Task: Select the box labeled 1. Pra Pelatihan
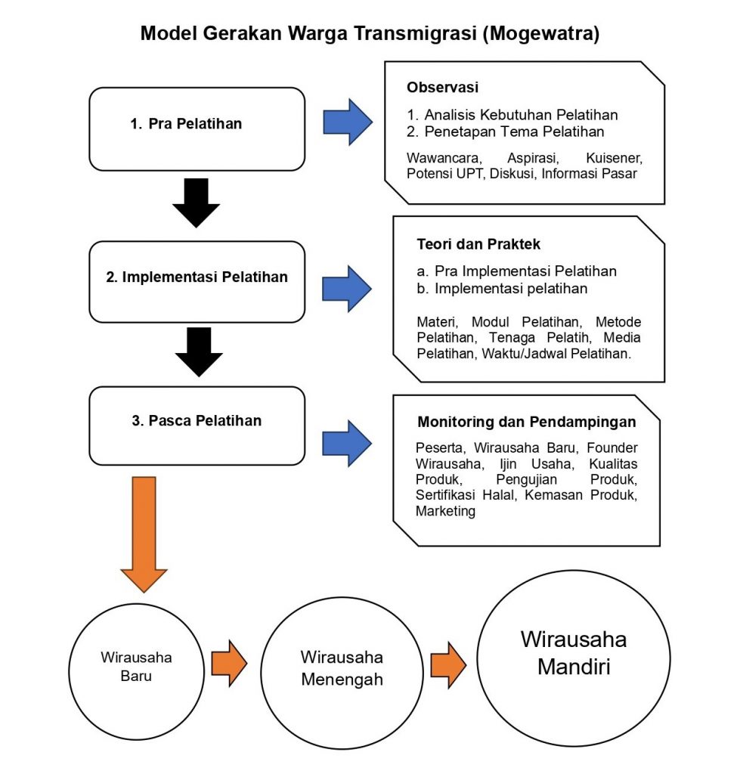[x=197, y=129]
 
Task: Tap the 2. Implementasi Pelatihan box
[x=197, y=282]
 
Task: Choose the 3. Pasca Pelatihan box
[x=197, y=426]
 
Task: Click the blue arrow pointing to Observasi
[x=348, y=122]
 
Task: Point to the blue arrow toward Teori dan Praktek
[x=346, y=289]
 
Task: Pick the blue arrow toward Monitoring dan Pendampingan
[x=346, y=443]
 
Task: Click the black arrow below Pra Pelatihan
[x=196, y=203]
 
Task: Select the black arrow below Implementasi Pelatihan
[x=199, y=352]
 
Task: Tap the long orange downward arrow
[x=144, y=534]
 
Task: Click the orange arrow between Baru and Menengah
[x=229, y=664]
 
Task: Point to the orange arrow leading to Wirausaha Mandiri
[x=448, y=665]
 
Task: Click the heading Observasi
[x=442, y=88]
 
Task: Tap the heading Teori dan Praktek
[x=478, y=244]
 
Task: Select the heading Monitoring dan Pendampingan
[x=527, y=422]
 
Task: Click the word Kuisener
[x=614, y=158]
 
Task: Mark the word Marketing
[x=445, y=511]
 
